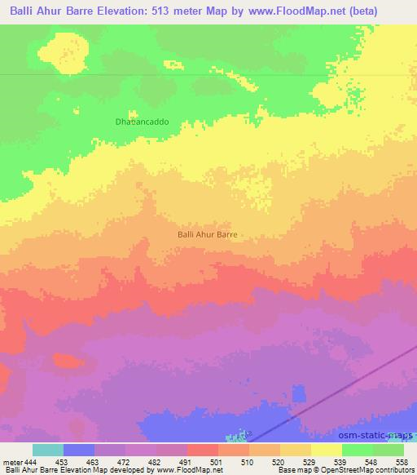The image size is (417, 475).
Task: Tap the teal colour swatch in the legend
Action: tap(48, 450)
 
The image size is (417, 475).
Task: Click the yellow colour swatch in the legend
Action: tap(327, 450)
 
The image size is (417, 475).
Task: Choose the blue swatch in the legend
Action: tap(79, 450)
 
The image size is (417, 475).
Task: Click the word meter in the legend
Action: tap(12, 461)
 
